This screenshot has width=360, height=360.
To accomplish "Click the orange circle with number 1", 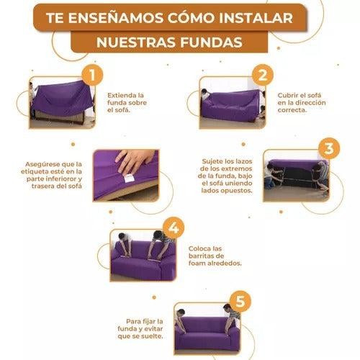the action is pyautogui.click(x=92, y=75).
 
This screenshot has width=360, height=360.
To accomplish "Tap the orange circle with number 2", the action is pyautogui.click(x=263, y=75).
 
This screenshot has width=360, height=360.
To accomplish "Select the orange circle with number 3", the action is pyautogui.click(x=329, y=148).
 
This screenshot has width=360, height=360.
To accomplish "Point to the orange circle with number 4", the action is pyautogui.click(x=174, y=228).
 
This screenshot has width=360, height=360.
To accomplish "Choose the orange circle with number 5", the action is pyautogui.click(x=240, y=301).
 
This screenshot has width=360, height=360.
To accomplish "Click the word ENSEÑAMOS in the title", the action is pyautogui.click(x=116, y=17).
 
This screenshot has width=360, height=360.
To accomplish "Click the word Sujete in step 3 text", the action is pyautogui.click(x=212, y=161).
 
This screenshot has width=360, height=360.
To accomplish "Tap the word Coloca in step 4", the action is pyautogui.click(x=199, y=248).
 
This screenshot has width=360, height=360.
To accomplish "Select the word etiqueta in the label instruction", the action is pyautogui.click(x=35, y=172).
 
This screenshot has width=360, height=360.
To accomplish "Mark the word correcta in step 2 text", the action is pyautogui.click(x=292, y=110).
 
